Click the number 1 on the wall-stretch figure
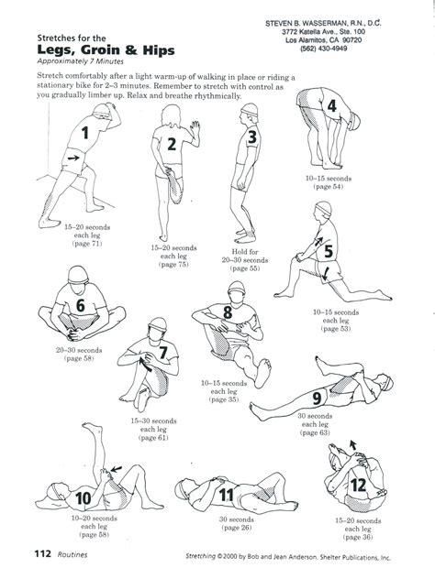click(84, 133)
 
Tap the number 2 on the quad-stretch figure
click(172, 143)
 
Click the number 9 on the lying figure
click(342, 398)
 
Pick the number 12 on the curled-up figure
click(358, 483)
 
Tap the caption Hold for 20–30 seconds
click(247, 256)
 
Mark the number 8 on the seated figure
click(228, 314)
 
